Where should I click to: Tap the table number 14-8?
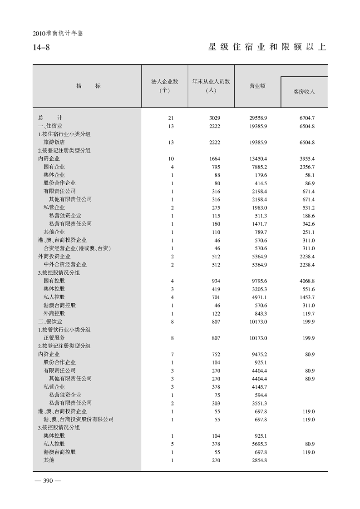pos(41,47)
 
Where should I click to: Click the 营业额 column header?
pos(257,86)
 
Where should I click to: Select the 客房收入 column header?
pos(304,92)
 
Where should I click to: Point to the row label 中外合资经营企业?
pos(65,264)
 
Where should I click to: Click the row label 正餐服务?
pos(54,338)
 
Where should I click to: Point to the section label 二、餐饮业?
pos(50,321)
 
